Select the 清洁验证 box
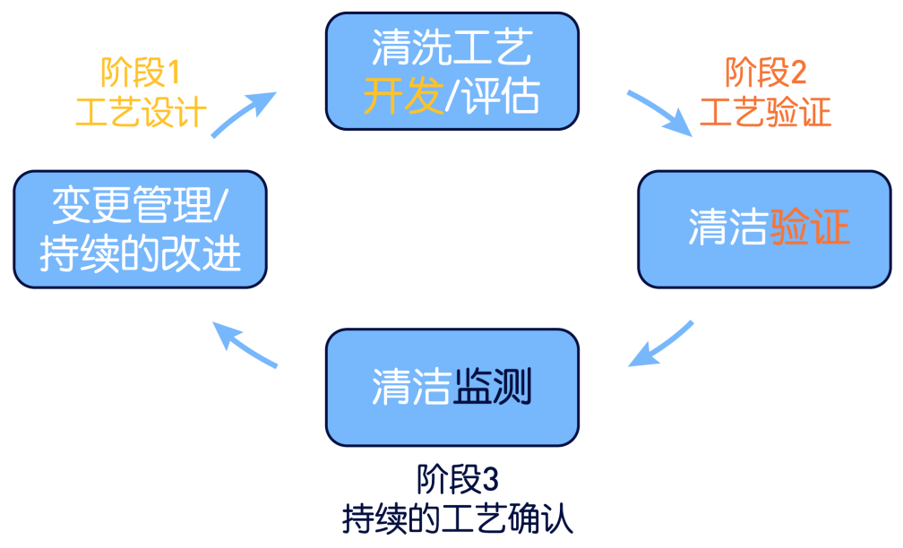[764, 228]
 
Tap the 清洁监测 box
[451, 388]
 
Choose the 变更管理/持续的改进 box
[141, 230]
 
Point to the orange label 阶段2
[765, 72]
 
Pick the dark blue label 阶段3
[456, 480]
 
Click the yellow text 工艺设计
[142, 114]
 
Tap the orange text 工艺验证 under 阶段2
[765, 114]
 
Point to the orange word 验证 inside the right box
[809, 228]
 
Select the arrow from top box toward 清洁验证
[661, 112]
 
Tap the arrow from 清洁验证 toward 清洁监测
[661, 343]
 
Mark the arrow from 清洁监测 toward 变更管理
[245, 345]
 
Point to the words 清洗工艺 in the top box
[451, 48]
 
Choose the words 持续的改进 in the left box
[141, 253]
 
